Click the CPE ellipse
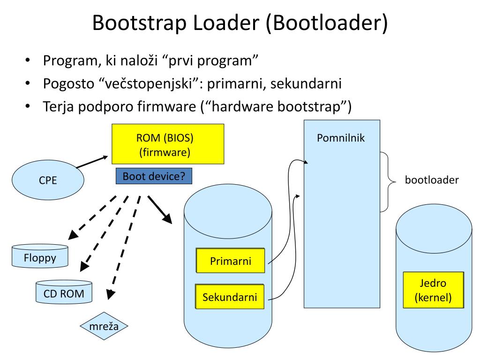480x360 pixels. coord(48,180)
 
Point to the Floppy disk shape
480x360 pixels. coord(39,257)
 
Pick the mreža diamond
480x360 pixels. coord(104,325)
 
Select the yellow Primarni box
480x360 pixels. coord(230,261)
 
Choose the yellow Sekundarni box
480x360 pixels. coord(230,297)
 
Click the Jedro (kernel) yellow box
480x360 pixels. coord(434,290)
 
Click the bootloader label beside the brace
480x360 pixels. coord(432,180)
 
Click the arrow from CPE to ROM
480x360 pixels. coord(91,162)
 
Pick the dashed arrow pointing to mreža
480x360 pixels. coord(124,247)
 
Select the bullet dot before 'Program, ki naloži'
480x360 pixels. coord(28,61)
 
